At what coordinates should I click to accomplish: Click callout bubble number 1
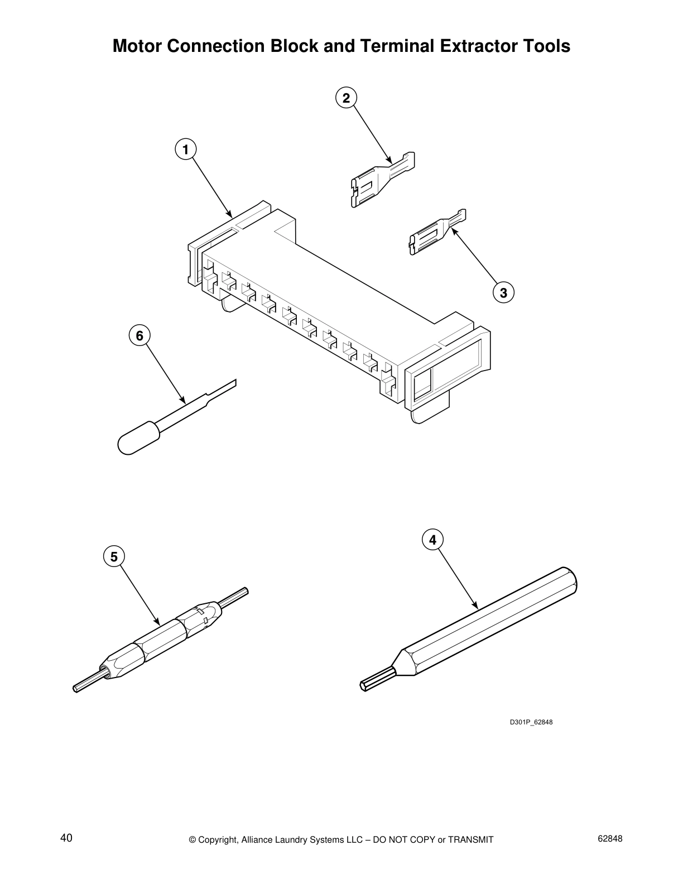point(185,149)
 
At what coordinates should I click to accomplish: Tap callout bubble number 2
point(346,98)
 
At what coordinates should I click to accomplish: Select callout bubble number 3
point(503,292)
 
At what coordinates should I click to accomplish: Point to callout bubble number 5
point(114,556)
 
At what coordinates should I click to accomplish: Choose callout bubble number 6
point(140,335)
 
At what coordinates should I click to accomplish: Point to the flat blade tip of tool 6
point(223,389)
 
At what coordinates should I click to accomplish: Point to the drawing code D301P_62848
point(531,722)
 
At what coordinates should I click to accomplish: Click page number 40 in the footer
point(66,838)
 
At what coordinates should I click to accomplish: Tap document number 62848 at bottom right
point(609,838)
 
